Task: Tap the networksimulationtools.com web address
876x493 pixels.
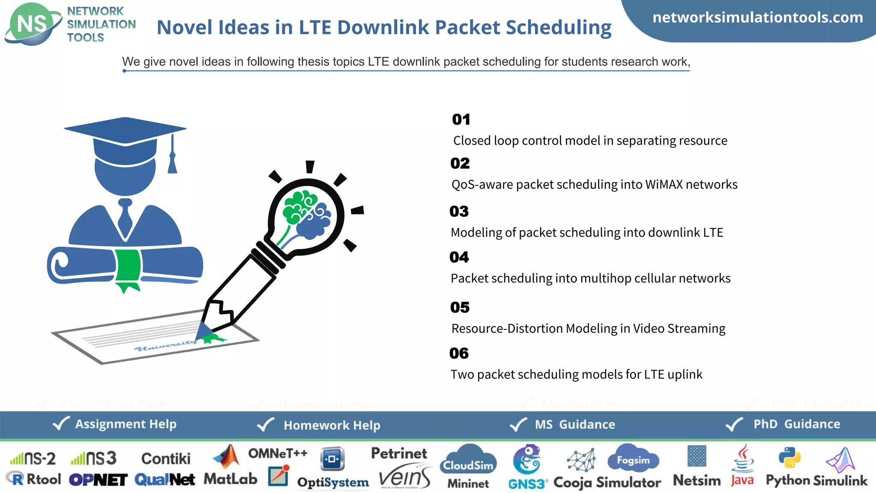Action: click(x=758, y=18)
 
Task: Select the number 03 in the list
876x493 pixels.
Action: click(x=459, y=211)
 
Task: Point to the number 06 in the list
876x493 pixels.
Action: click(x=459, y=353)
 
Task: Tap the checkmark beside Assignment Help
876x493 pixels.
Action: click(x=61, y=424)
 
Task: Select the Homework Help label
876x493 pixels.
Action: click(x=332, y=425)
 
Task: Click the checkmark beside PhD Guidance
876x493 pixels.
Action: click(x=734, y=425)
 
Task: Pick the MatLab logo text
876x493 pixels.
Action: click(x=231, y=479)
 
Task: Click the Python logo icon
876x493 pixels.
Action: click(x=789, y=458)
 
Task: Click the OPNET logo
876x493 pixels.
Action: click(x=98, y=480)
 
